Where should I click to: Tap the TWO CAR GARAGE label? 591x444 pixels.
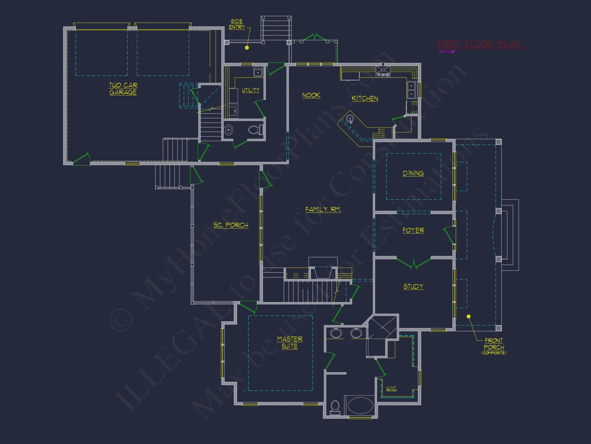(x=123, y=89)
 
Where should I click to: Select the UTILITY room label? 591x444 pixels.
(x=251, y=90)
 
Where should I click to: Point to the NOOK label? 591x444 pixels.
(x=311, y=95)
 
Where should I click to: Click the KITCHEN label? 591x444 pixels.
(x=365, y=98)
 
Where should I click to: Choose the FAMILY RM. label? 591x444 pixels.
(x=323, y=210)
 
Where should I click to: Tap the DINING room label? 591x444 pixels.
(x=413, y=173)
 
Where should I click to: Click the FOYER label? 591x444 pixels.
(x=413, y=230)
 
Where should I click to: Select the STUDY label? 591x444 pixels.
(x=413, y=286)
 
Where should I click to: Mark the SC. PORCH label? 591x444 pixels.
(x=231, y=225)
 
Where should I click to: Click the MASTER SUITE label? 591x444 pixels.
(x=290, y=342)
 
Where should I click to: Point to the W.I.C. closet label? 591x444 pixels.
(x=391, y=388)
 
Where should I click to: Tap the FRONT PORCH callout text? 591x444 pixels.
(x=494, y=344)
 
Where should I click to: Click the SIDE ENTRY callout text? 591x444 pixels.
(x=237, y=24)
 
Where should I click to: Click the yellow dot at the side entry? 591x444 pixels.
(x=247, y=48)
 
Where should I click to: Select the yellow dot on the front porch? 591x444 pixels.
(x=468, y=316)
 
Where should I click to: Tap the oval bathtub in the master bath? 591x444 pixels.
(x=360, y=405)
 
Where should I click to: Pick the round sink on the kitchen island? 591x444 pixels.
(x=350, y=119)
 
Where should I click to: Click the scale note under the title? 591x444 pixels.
(x=447, y=52)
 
